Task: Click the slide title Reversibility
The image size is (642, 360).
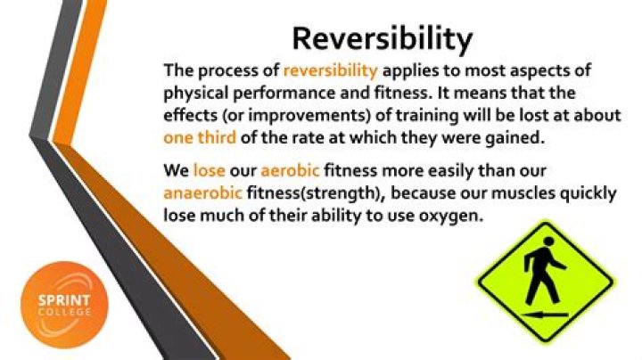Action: (x=383, y=38)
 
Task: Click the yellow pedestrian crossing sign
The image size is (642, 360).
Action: (x=544, y=277)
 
